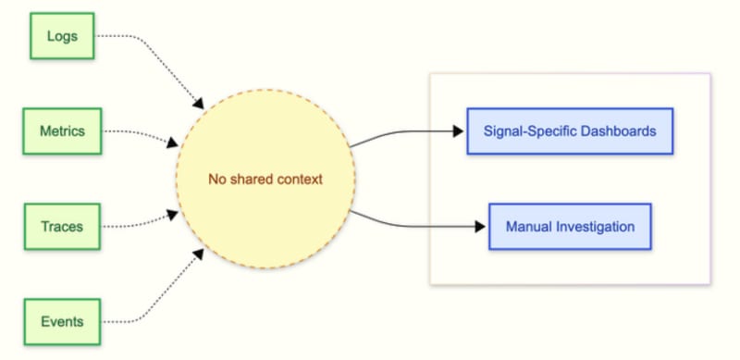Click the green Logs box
[x=62, y=36]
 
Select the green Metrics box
[x=62, y=130]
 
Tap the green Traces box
[x=62, y=227]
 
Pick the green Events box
[x=62, y=322]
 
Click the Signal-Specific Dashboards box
[x=570, y=130]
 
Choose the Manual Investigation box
[x=570, y=227]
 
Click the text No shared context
[x=265, y=180]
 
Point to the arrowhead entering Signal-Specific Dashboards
[x=458, y=130]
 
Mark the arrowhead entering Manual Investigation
[x=480, y=227]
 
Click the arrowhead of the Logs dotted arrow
[x=199, y=104]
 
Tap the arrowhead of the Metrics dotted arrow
[x=173, y=142]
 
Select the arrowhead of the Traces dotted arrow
[x=173, y=216]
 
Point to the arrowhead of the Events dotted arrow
[x=199, y=254]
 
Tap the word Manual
[x=528, y=227]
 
